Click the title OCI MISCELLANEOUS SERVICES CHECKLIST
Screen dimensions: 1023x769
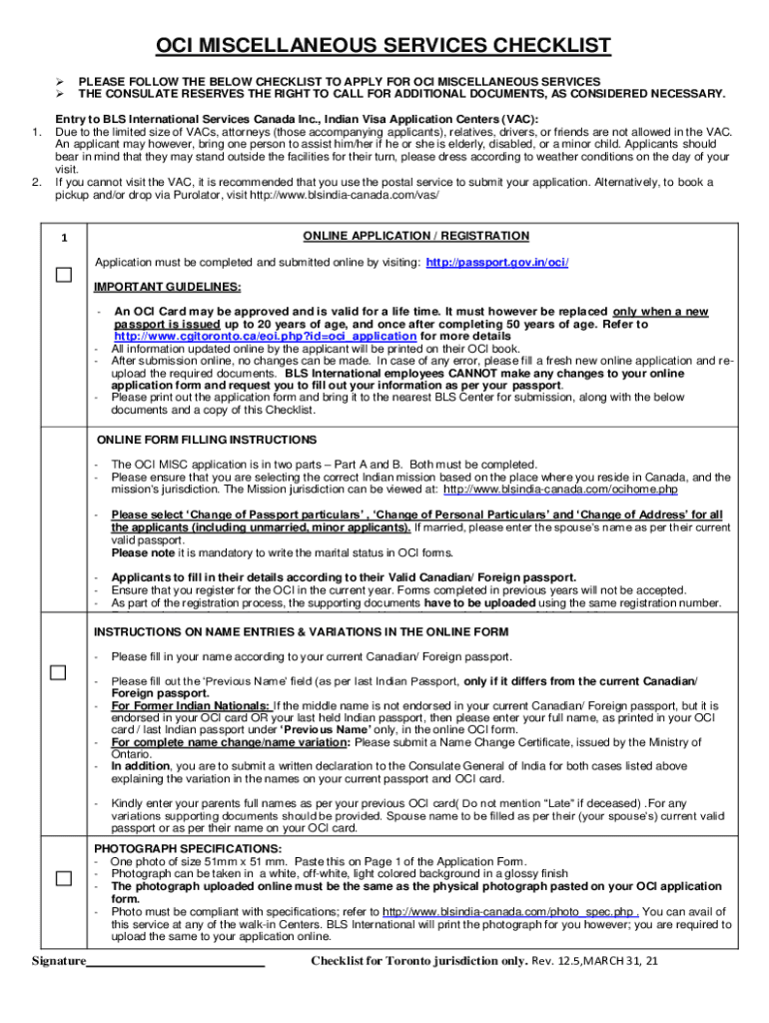[384, 46]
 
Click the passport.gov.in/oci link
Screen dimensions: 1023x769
[497, 263]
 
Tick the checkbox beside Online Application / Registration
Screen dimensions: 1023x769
[64, 276]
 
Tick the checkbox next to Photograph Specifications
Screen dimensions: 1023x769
[64, 878]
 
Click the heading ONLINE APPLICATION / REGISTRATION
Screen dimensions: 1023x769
[414, 236]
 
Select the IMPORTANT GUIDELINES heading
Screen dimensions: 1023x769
[168, 287]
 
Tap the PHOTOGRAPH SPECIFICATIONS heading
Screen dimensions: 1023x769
[187, 848]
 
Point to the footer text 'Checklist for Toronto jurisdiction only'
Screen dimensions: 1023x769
[417, 962]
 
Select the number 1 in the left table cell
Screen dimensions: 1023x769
[64, 238]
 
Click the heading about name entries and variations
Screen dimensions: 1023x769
[301, 632]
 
